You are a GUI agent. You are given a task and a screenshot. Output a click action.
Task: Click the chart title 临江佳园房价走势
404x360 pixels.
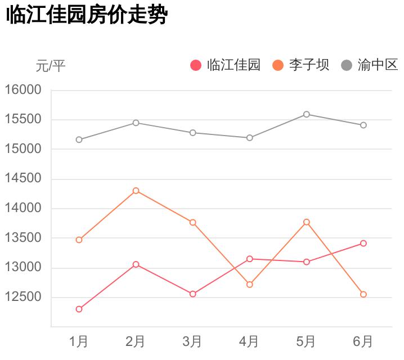[87, 15]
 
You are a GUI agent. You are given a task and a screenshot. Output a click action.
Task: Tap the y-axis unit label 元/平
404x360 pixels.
[51, 66]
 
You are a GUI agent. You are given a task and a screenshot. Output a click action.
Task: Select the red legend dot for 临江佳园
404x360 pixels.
[196, 66]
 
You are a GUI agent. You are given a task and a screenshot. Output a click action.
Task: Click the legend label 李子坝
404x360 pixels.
[309, 65]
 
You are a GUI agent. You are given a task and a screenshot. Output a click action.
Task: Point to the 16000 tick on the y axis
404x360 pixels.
[24, 90]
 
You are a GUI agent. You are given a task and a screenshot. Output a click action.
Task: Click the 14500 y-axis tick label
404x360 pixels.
[24, 179]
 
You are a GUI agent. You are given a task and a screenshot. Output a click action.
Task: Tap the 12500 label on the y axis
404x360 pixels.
[24, 297]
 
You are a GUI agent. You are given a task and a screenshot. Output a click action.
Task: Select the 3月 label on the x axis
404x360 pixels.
[192, 341]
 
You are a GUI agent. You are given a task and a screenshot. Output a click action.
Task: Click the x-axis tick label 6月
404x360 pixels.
[363, 341]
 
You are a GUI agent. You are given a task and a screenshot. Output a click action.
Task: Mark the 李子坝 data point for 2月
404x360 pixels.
[136, 191]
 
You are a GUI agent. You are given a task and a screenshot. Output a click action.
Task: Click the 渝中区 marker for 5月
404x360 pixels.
[307, 114]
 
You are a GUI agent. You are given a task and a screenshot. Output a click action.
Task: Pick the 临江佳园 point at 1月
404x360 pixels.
[79, 309]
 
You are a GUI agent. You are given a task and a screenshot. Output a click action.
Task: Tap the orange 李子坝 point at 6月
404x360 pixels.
[363, 294]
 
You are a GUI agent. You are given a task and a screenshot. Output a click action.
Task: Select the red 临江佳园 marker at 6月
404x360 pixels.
[363, 243]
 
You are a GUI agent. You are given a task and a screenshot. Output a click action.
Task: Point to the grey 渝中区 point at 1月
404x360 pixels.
[79, 139]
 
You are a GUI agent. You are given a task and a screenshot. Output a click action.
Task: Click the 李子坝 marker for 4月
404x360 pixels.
[250, 285]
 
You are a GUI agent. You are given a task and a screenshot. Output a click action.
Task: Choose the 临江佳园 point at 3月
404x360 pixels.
[192, 294]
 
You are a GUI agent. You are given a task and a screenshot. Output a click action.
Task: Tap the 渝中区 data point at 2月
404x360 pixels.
[136, 123]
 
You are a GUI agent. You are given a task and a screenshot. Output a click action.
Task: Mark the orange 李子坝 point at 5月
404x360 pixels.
[307, 222]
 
